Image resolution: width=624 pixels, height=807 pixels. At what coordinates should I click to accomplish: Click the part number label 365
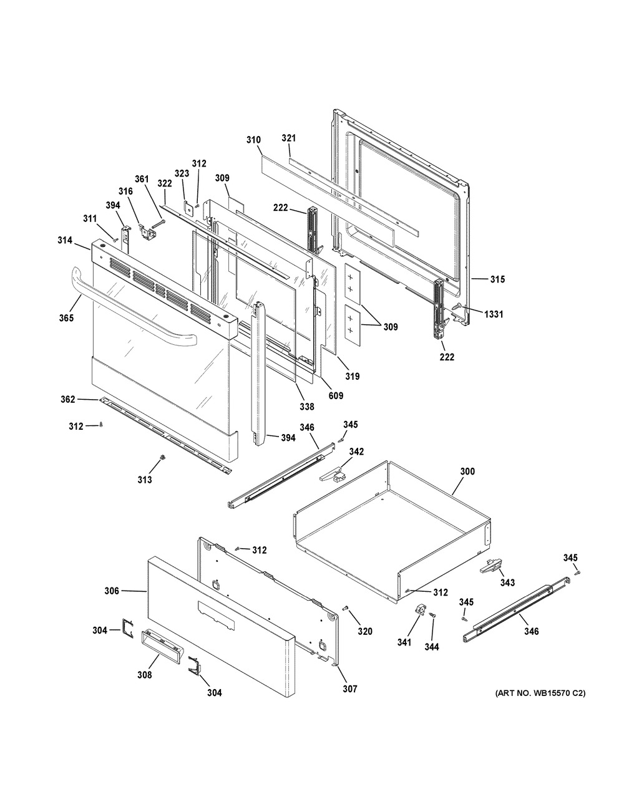tap(66, 318)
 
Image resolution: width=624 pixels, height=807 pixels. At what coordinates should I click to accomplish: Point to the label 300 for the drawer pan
tap(467, 471)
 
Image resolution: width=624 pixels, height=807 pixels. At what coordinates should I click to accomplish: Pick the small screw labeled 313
tap(163, 459)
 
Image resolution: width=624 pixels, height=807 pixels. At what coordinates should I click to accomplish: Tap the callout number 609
tap(336, 395)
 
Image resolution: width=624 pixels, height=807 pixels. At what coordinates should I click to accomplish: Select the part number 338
tap(306, 407)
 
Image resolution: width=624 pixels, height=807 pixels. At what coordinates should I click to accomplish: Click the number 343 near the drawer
tap(507, 582)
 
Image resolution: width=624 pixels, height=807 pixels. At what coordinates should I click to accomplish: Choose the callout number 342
tap(356, 451)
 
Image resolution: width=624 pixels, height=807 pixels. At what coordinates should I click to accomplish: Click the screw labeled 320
tap(348, 607)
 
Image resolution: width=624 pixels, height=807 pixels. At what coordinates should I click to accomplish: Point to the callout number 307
tap(349, 689)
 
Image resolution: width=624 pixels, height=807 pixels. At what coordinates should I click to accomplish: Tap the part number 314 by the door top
tap(66, 240)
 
